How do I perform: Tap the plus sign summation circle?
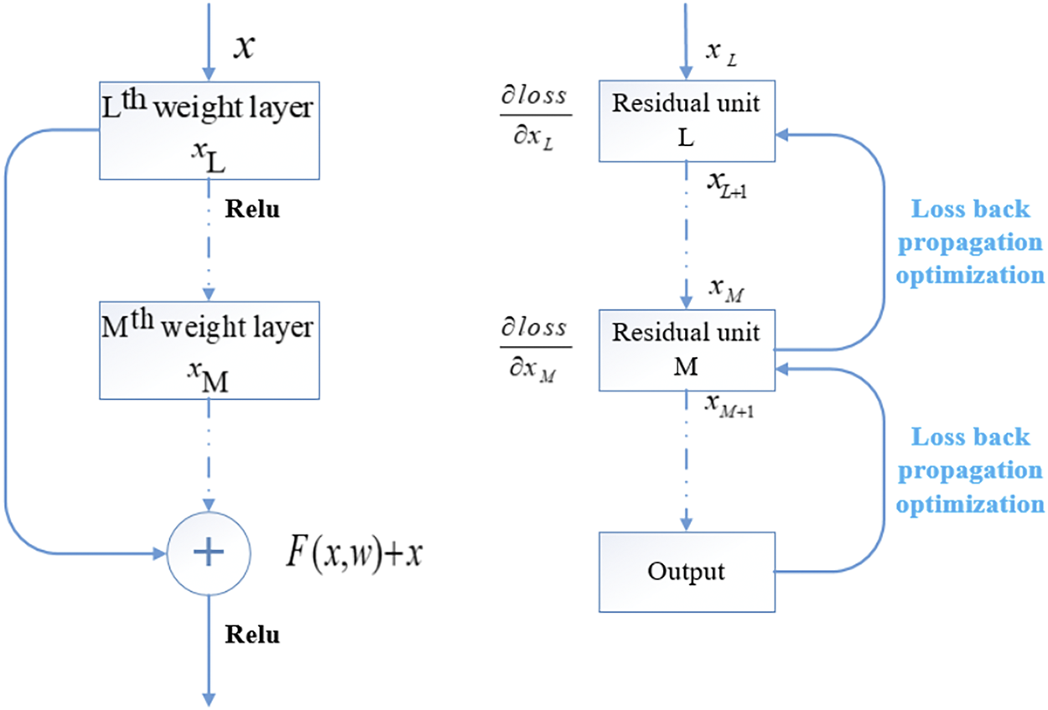(209, 552)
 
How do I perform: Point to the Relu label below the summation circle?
(252, 635)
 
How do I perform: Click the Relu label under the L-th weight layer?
(252, 209)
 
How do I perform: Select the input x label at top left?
(243, 48)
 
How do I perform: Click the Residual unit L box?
(686, 120)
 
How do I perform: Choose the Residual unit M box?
(686, 350)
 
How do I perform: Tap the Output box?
(686, 572)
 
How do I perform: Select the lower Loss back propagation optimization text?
(971, 470)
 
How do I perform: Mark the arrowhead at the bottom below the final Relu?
(207, 697)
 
